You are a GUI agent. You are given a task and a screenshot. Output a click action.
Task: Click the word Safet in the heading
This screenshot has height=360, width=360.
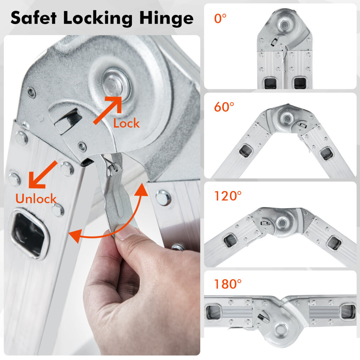34,18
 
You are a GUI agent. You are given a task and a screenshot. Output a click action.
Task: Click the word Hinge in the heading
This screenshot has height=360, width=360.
167,18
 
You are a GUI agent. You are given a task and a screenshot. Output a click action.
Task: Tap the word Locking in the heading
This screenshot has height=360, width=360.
98,18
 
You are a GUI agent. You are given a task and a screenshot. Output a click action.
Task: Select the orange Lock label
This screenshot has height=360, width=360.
126,123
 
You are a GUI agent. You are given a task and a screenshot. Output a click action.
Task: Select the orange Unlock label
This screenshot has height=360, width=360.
36,198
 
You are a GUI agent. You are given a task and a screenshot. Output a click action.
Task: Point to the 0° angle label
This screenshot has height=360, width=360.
220,18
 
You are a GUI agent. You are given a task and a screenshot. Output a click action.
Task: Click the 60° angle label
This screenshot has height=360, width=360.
224,107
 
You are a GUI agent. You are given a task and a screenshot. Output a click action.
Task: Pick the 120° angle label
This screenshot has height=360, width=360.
228,196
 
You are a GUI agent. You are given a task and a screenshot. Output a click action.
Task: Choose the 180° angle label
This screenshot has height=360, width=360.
228,284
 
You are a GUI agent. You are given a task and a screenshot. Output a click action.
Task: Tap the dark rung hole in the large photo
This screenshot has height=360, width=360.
29,234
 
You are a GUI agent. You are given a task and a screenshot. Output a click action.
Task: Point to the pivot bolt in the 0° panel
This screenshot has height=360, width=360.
285,24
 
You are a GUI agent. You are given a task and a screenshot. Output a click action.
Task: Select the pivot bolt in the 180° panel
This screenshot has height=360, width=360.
281,329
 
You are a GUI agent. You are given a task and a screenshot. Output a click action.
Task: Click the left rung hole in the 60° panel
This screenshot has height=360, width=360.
246,151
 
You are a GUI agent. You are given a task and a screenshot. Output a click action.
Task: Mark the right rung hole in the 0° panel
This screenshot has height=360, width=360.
300,83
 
